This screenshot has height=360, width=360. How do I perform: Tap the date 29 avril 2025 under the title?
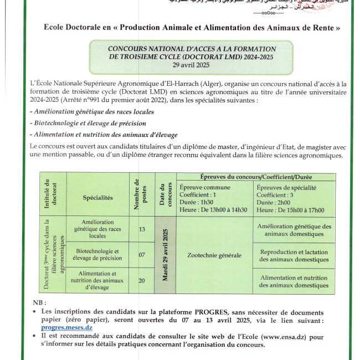click(192, 65)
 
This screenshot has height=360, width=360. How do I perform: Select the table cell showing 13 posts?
click(142, 229)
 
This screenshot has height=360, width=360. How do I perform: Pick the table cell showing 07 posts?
click(142, 255)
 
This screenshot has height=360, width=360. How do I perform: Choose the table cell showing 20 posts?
click(142, 280)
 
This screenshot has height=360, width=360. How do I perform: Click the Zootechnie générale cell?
click(214, 255)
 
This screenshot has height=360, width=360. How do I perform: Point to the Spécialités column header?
click(97, 197)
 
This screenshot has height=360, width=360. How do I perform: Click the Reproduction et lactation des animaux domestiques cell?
click(294, 255)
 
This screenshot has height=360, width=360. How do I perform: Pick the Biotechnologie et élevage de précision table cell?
click(97, 255)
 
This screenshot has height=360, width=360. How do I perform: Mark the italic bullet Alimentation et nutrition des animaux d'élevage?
click(105, 135)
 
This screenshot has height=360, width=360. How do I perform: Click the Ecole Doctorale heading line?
click(191, 27)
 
